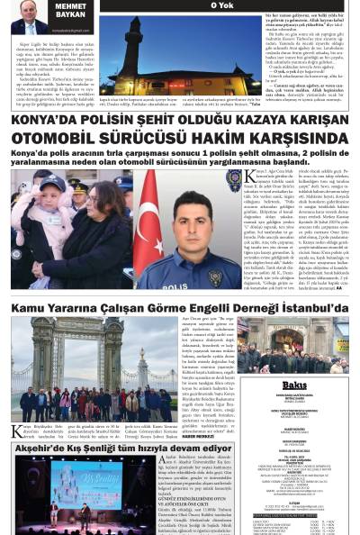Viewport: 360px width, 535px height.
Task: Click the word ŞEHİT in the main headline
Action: pos(175,119)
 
